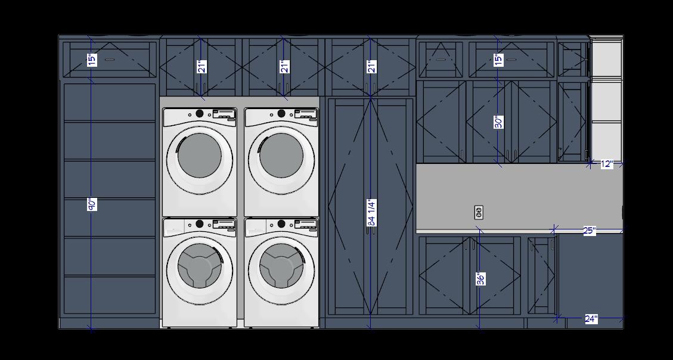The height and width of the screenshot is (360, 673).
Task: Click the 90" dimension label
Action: pyautogui.click(x=92, y=204)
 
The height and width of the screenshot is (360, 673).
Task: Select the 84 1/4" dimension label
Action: pyautogui.click(x=371, y=212)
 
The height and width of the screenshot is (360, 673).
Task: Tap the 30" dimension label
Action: pyautogui.click(x=498, y=122)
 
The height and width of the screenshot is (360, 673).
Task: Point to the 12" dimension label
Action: pyautogui.click(x=606, y=164)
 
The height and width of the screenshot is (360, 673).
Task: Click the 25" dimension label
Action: pyautogui.click(x=589, y=231)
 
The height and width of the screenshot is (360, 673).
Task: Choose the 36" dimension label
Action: pyautogui.click(x=480, y=278)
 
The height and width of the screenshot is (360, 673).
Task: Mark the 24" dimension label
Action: pyautogui.click(x=590, y=319)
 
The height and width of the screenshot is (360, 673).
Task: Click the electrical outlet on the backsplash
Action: pyautogui.click(x=478, y=212)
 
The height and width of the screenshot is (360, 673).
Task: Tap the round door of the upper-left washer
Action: pyautogui.click(x=199, y=156)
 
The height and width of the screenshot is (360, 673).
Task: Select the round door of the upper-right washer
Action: pyautogui.click(x=281, y=156)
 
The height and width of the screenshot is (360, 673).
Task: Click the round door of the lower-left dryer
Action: pyautogui.click(x=199, y=266)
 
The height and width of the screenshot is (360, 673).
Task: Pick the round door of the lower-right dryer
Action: pyautogui.click(x=281, y=266)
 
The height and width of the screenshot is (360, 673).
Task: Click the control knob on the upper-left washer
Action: pyautogui.click(x=200, y=113)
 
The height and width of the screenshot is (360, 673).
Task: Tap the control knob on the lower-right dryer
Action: pyautogui.click(x=281, y=224)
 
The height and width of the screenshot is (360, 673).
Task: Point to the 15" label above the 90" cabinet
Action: pyautogui.click(x=92, y=60)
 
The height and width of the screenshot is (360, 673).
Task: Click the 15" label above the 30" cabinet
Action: pyautogui.click(x=498, y=60)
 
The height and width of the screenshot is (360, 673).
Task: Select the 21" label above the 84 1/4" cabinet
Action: pyautogui.click(x=371, y=66)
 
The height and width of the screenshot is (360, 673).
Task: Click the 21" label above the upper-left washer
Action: pyautogui.click(x=201, y=66)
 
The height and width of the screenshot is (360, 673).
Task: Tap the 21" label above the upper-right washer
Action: pyautogui.click(x=284, y=66)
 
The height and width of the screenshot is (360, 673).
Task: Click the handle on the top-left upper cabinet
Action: pyautogui.click(x=110, y=60)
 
